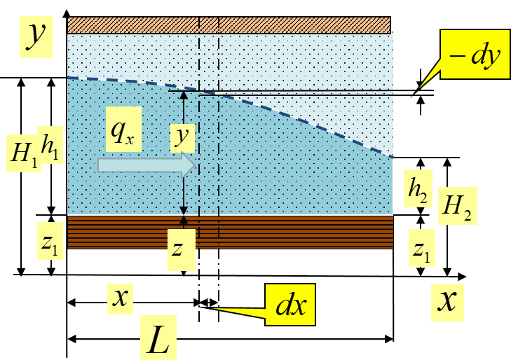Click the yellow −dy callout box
475,54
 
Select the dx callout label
290,305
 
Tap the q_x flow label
124,130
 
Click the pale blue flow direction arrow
147,165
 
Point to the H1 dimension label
24,153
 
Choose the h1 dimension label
50,145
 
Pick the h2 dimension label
418,188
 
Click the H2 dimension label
458,206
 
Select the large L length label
158,338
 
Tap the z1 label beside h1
50,241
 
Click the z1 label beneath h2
422,248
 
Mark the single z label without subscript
182,249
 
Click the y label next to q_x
183,138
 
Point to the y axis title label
36,37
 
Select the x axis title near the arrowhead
447,303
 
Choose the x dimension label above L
121,299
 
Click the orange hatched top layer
229,25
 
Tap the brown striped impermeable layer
230,232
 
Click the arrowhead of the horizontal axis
463,277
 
